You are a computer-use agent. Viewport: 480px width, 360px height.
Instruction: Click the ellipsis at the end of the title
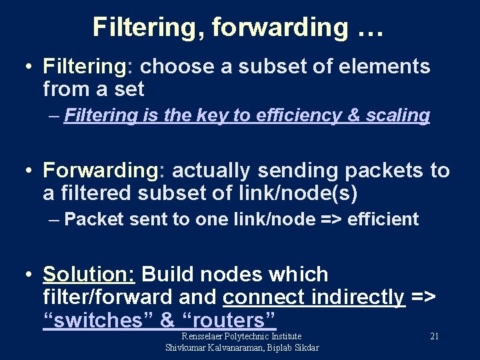368,27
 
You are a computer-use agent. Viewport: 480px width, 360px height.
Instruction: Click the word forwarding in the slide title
279,27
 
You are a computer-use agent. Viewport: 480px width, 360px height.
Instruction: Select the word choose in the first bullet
170,67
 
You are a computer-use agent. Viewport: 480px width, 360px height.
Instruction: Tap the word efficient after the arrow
383,219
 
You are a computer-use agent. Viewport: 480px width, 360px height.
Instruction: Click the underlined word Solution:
89,275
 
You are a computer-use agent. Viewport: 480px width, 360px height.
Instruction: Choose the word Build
167,275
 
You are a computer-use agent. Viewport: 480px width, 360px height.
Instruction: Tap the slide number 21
434,336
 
